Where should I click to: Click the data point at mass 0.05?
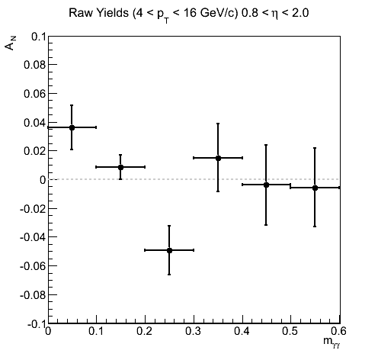tap(72, 127)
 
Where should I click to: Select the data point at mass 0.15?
tap(120, 167)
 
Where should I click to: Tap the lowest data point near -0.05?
tap(169, 250)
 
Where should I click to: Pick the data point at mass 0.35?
tap(218, 158)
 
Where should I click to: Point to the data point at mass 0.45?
tap(266, 185)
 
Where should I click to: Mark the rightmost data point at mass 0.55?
tap(315, 188)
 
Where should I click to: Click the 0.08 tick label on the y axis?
tap(35, 65)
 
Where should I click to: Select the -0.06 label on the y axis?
tap(33, 266)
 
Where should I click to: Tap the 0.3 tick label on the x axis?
tap(194, 331)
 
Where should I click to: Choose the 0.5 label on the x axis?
tap(290, 331)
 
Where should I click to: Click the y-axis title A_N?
tap(11, 43)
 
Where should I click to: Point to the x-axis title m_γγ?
tap(332, 342)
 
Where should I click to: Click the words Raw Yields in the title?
tap(98, 13)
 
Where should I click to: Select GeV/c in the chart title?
tap(219, 13)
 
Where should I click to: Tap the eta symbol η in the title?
tap(274, 14)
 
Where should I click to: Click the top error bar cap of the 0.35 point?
tap(218, 124)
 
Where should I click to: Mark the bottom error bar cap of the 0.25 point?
tap(169, 275)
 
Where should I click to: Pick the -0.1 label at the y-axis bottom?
tap(37, 324)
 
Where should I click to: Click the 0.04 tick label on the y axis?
tap(35, 123)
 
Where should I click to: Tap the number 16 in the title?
tap(190, 13)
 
